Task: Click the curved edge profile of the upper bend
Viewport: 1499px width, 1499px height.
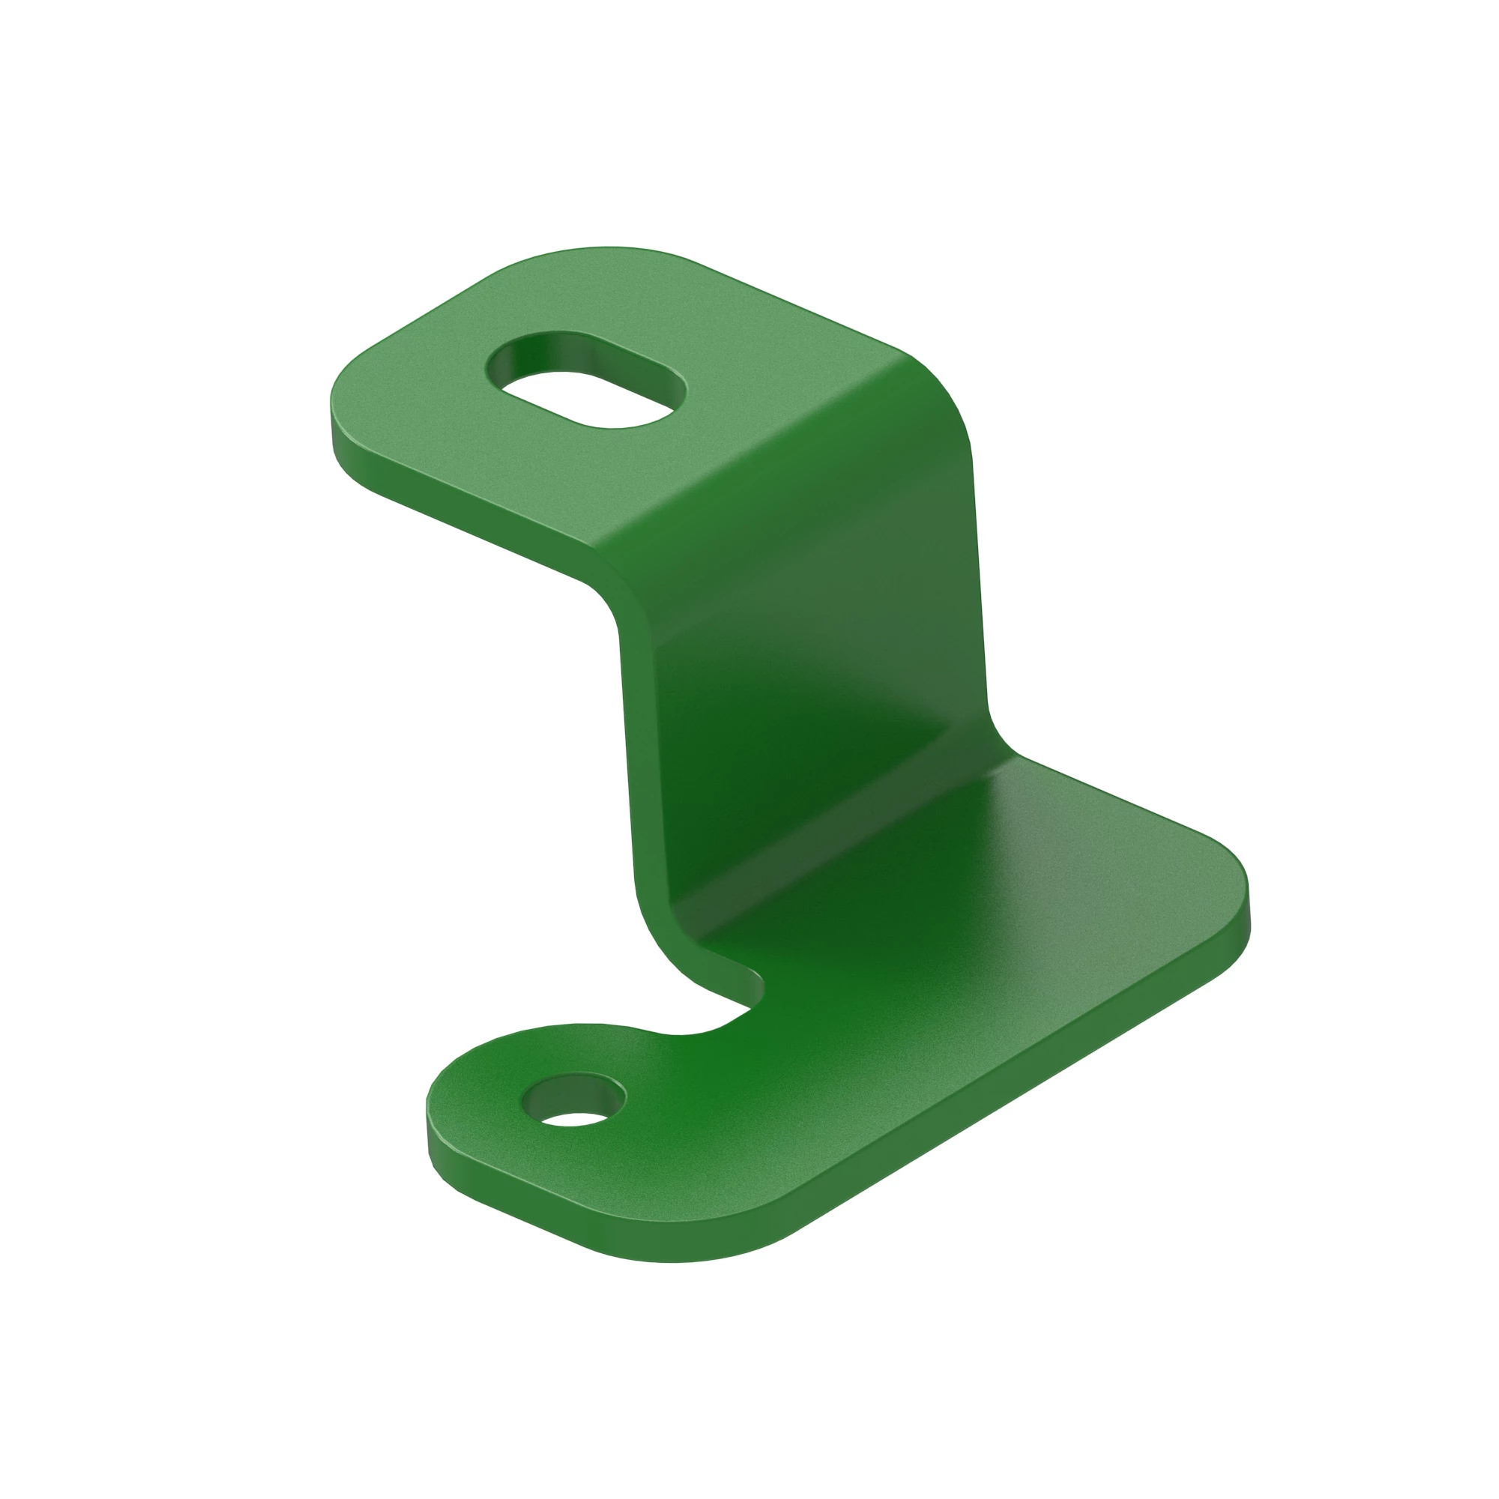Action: pos(613,590)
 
